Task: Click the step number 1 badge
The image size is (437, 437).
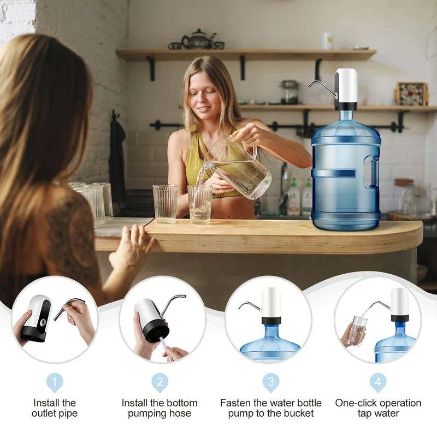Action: point(54,382)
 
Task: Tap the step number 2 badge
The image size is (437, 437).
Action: point(160,382)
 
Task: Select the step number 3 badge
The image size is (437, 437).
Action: point(270,382)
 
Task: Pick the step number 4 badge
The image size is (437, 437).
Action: point(378,382)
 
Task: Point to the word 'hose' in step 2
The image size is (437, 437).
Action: point(180,414)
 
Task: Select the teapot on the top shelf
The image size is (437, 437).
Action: point(198,39)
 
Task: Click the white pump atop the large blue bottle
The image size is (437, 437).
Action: point(346,87)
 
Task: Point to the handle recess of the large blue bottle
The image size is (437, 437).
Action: point(371,172)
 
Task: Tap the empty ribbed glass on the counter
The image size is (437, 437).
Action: point(165,203)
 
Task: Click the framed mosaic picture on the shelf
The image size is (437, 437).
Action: point(411,94)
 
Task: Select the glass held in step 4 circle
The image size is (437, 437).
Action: point(357,330)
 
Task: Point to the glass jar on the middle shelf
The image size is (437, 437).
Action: point(290,92)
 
